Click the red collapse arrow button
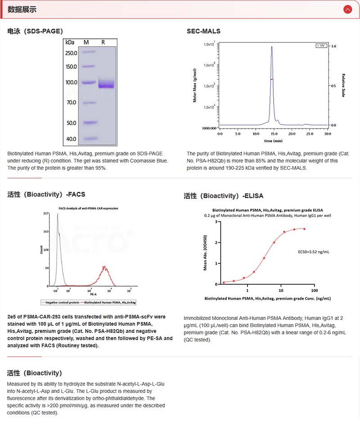coord(347,9)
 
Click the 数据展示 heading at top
coord(22,9)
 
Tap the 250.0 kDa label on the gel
coord(71,53)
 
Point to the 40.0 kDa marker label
coord(72,139)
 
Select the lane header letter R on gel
coord(103,42)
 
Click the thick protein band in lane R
coord(106,84)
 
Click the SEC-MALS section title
coord(203,31)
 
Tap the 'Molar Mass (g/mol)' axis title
coord(194,85)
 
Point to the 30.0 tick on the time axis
coord(327,134)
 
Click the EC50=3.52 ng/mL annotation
coord(314,252)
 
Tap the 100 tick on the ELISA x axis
coord(314,290)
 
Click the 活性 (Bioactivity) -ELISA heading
coord(223,196)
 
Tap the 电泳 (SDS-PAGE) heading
coord(35,31)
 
